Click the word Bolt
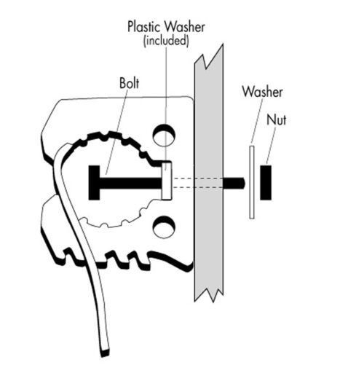click(x=130, y=83)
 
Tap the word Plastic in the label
click(x=143, y=27)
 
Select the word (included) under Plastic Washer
click(x=166, y=41)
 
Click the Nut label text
click(x=277, y=119)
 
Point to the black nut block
click(x=266, y=183)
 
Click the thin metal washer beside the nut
click(x=252, y=182)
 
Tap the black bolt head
click(x=94, y=183)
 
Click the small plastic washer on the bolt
click(x=167, y=181)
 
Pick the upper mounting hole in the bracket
click(x=164, y=136)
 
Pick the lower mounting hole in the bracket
click(x=164, y=227)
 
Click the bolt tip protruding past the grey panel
click(x=234, y=183)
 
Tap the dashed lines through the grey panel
click(x=197, y=183)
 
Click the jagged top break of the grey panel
click(x=209, y=57)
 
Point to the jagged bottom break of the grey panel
click(x=209, y=294)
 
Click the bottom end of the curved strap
click(x=105, y=353)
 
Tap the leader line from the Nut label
click(x=272, y=146)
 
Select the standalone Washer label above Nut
click(x=263, y=92)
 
